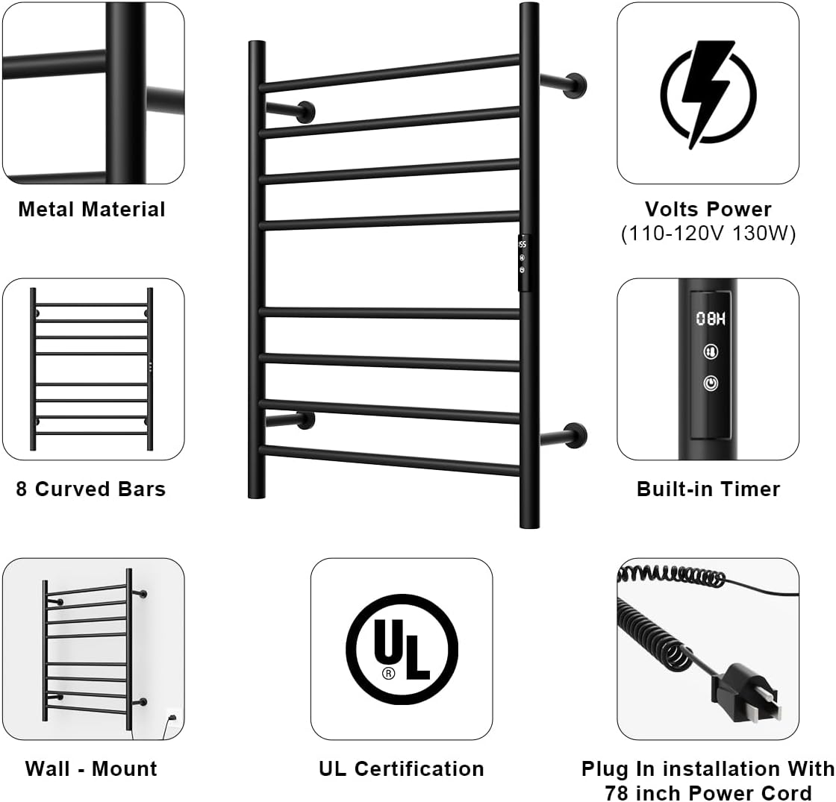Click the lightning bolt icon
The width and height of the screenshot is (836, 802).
coord(708,94)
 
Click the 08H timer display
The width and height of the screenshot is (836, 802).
coord(711,319)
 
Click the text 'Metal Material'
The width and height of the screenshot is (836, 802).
coord(92,209)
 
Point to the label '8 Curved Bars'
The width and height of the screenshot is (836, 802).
coord(91,489)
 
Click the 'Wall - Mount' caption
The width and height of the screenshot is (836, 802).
coord(91,768)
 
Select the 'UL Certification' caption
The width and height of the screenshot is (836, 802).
coord(402,768)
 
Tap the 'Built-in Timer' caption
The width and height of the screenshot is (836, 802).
coord(708,489)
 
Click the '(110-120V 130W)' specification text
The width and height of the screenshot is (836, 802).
coord(708,234)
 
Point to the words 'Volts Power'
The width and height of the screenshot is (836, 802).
coord(708,209)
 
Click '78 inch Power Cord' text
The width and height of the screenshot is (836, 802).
coord(708,792)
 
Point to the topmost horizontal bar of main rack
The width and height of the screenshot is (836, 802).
coord(390,73)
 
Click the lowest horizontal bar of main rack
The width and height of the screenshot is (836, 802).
coord(390,460)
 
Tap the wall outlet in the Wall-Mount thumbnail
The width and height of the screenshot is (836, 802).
coord(172,718)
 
